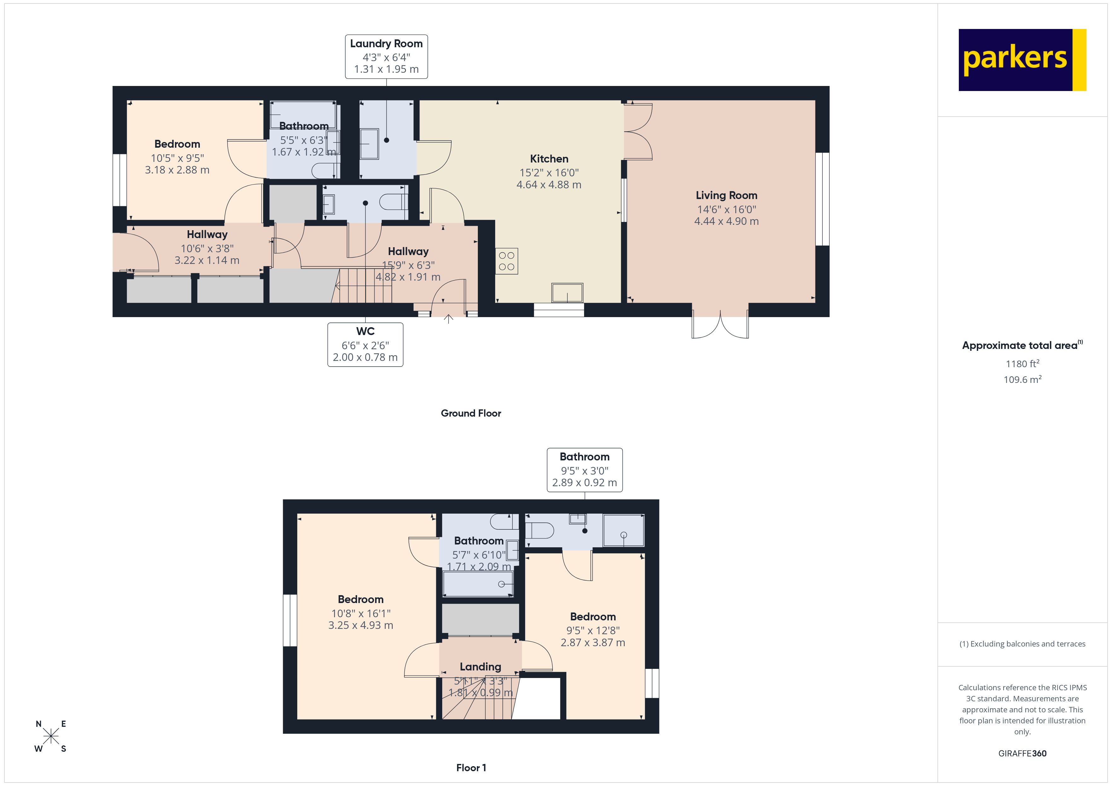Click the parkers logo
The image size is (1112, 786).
tap(1022, 60)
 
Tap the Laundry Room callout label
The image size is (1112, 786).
tap(386, 56)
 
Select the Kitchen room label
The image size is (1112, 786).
tap(549, 159)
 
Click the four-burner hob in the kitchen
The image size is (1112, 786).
tap(507, 261)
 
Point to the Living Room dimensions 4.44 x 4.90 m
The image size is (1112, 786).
tap(726, 221)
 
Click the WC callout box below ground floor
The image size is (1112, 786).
tap(365, 344)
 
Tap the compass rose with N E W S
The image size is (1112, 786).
tap(51, 737)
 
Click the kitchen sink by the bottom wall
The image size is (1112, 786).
tap(567, 293)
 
